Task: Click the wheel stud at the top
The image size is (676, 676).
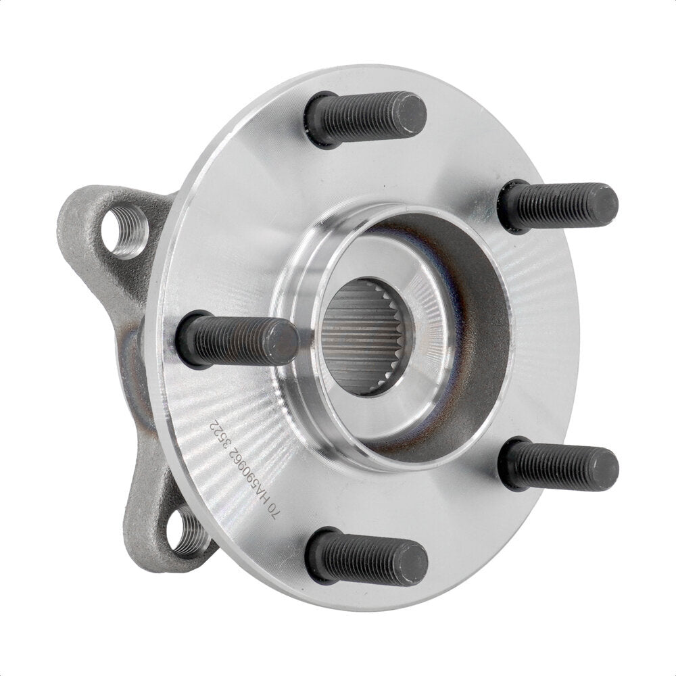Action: pos(365,118)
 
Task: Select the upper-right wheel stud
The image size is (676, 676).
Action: pos(558,204)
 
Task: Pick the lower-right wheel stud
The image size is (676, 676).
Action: pos(558,464)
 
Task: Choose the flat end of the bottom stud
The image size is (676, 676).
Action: pos(413,562)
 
